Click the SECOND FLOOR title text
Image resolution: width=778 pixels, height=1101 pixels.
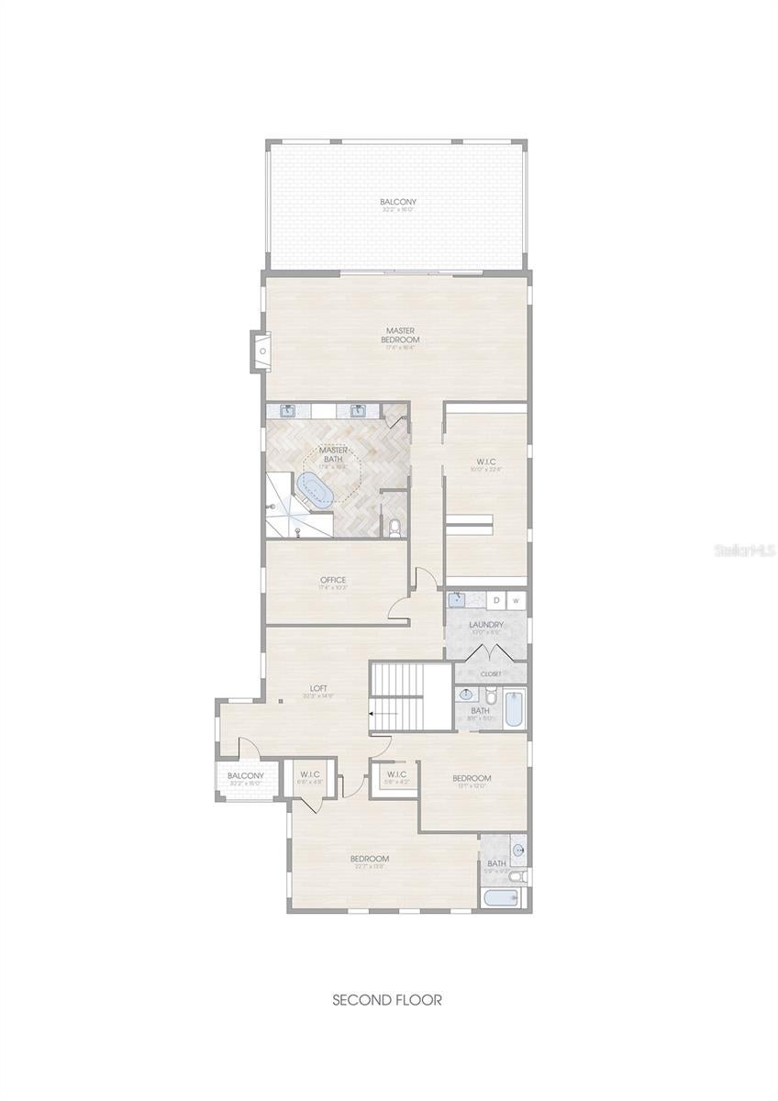(386, 999)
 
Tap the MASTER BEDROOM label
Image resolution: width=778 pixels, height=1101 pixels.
(402, 335)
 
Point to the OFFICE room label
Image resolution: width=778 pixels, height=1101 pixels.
(333, 580)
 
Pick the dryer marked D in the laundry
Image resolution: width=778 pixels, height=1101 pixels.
(496, 601)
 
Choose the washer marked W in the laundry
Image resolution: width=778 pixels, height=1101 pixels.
(517, 601)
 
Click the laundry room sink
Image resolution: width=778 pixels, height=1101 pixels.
(457, 600)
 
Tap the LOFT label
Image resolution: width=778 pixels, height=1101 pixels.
(318, 688)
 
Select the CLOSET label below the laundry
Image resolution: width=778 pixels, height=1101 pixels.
(491, 673)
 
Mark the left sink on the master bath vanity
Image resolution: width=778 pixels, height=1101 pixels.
(286, 410)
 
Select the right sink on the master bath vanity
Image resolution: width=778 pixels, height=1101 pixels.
(358, 410)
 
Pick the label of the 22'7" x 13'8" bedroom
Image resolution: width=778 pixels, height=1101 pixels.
(369, 860)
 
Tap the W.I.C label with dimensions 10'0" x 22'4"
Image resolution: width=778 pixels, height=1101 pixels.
(487, 462)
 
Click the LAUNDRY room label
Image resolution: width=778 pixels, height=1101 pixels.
(485, 626)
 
